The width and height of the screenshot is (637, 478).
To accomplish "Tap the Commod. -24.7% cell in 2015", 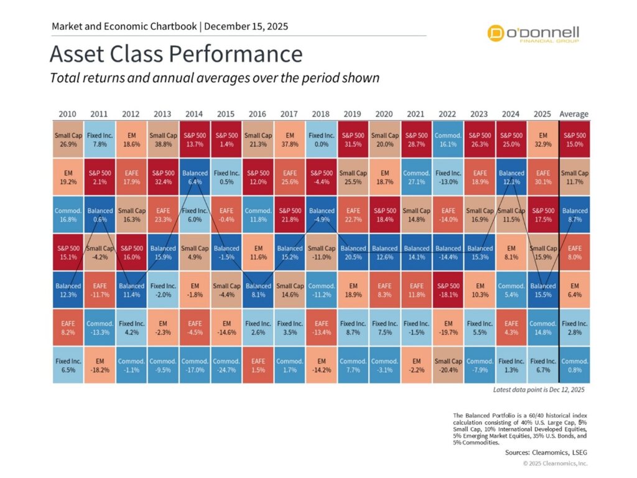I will click(226, 366).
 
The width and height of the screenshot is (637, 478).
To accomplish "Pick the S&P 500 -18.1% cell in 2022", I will click(448, 291).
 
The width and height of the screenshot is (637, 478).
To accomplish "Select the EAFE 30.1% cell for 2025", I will click(543, 178).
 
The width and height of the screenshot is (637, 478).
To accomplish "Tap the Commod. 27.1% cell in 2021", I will click(416, 178).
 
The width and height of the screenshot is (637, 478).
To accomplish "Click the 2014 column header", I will click(194, 115).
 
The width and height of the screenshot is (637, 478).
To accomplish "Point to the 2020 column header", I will click(384, 115).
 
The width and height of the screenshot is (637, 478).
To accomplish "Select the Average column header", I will click(574, 115).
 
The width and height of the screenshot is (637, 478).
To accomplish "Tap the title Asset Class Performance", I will click(176, 54).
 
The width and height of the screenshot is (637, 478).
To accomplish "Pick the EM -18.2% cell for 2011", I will click(99, 366).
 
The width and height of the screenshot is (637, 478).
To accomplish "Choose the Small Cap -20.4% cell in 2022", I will click(448, 366).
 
